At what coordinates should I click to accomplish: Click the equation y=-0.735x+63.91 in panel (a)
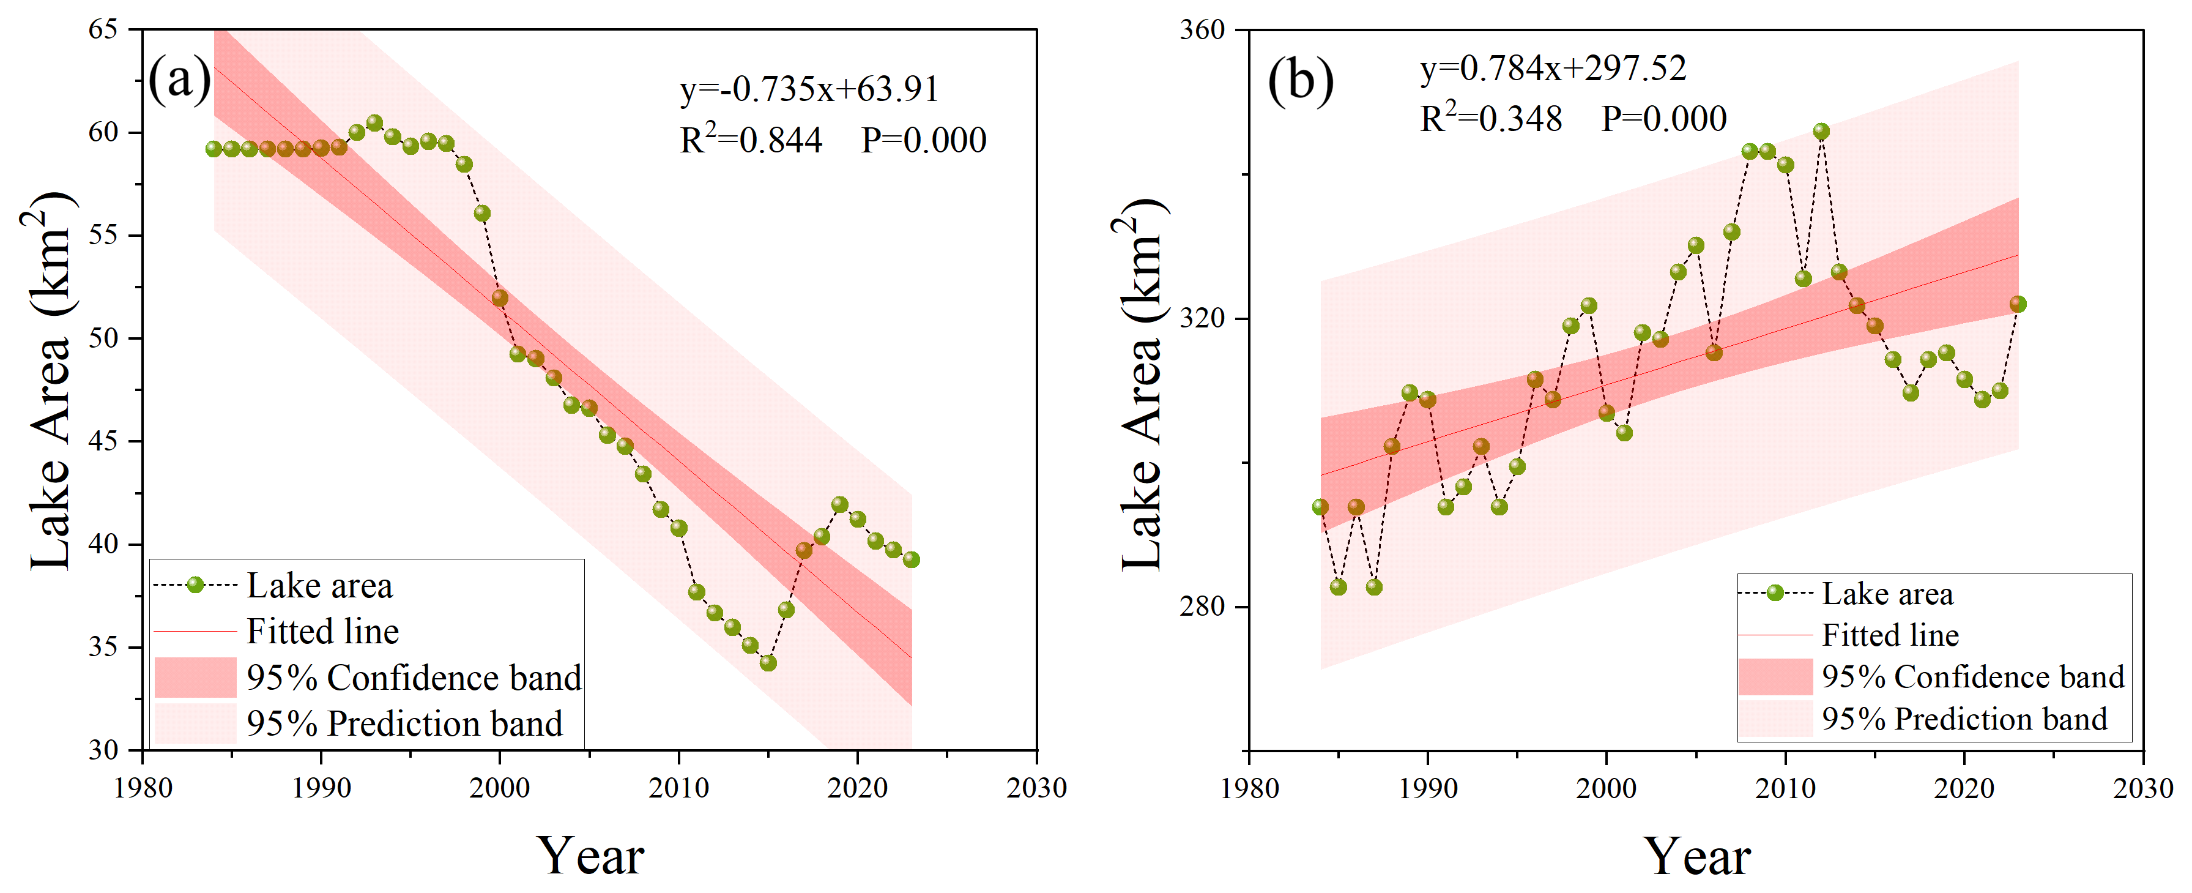point(808,89)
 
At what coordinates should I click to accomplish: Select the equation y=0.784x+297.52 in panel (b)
point(1553,68)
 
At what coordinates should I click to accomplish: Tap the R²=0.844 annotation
point(751,140)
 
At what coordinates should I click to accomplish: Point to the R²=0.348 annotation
point(1491,118)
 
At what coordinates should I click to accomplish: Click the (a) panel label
point(179,80)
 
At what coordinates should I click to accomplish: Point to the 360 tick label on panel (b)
point(1202,30)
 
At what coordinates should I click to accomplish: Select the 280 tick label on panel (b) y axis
point(1202,607)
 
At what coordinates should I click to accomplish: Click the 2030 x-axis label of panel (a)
point(1036,788)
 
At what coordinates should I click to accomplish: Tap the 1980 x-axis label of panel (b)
point(1249,788)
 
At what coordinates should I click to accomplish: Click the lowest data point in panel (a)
point(768,662)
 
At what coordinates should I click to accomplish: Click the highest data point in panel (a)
point(374,122)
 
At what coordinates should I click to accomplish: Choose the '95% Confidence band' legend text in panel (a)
point(414,678)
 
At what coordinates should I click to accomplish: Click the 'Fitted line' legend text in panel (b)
point(1890,635)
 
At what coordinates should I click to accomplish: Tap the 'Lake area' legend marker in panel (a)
point(195,585)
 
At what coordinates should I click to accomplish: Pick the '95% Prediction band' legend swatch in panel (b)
point(1775,719)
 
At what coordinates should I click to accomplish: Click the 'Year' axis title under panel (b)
point(1696,856)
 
